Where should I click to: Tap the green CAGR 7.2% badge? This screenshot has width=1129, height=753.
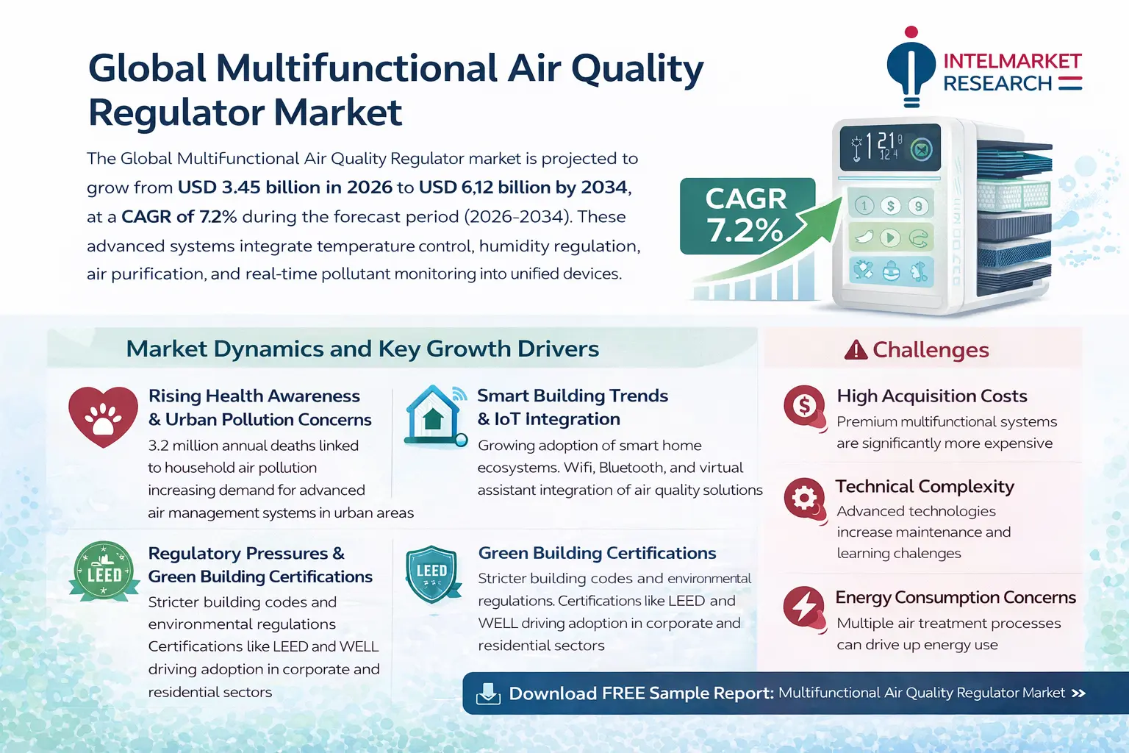point(747,216)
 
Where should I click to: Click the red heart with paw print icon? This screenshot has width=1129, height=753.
point(104,417)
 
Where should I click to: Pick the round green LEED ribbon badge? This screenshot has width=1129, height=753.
point(104,571)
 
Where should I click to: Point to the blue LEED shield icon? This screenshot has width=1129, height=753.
point(432,574)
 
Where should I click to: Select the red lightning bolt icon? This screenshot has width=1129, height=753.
point(805,609)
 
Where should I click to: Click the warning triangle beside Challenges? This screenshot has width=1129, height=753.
point(856,350)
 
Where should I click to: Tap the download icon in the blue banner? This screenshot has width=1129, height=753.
point(488,693)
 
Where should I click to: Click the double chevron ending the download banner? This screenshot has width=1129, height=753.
point(1078,693)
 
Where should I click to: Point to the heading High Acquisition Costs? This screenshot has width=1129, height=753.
point(932,396)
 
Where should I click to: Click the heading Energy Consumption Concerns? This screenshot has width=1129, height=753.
point(956,597)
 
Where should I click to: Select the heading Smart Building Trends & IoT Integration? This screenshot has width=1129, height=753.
point(573,407)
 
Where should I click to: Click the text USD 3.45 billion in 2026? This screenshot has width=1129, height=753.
point(284,187)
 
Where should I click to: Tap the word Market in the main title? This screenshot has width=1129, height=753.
point(337,112)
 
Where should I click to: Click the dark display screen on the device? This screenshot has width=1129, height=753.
point(889,147)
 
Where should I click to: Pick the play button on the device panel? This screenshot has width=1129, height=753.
point(890,238)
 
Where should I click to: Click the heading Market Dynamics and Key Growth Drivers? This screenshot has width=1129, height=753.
point(362,349)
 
